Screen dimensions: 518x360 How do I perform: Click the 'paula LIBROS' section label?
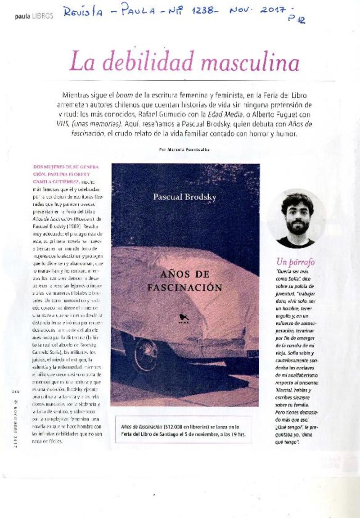click(x=34, y=16)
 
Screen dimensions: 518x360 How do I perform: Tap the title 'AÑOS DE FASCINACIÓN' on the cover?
click(x=185, y=280)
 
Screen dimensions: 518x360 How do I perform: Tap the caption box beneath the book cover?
click(x=183, y=430)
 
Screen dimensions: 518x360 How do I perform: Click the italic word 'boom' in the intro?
click(x=123, y=96)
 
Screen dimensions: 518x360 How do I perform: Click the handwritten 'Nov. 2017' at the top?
click(x=263, y=10)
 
